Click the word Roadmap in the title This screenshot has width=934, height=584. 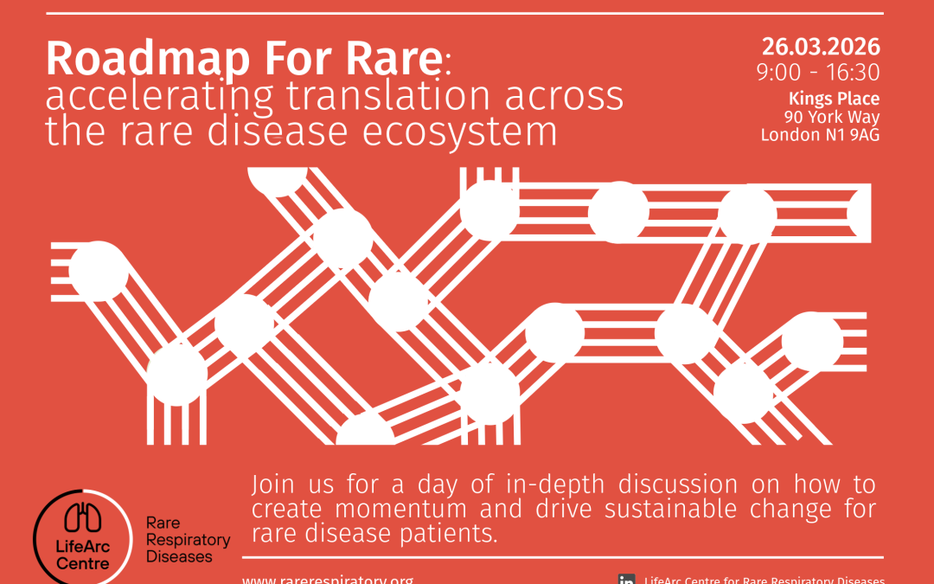point(148,59)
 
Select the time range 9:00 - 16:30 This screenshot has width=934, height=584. point(817,73)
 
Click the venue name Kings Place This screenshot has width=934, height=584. point(834,99)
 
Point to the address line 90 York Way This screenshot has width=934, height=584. point(831,117)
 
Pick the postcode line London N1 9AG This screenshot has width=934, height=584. point(820,135)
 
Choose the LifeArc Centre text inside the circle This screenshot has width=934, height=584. point(83,555)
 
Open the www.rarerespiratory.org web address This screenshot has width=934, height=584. point(328,578)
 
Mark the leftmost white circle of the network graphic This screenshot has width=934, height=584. point(99,271)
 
